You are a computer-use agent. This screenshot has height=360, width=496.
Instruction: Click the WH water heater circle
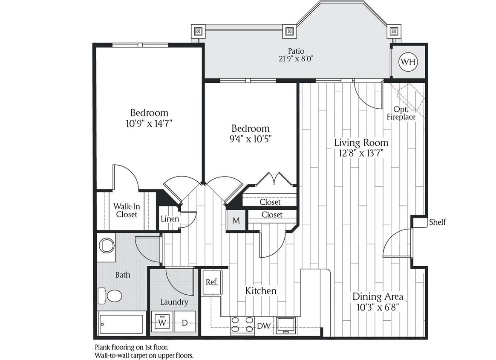click(x=408, y=62)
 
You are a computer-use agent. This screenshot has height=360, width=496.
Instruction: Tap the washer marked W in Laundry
click(x=162, y=322)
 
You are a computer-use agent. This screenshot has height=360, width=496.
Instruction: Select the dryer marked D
click(x=185, y=322)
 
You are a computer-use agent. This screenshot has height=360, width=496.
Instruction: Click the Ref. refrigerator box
click(x=212, y=282)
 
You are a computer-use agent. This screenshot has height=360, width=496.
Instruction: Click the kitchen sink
click(x=285, y=325)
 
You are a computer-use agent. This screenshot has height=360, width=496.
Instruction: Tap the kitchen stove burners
click(x=242, y=325)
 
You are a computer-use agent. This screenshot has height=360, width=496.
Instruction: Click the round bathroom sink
click(x=106, y=245)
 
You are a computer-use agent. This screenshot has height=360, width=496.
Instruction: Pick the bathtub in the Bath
click(x=121, y=325)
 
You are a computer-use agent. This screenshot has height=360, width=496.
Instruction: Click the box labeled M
click(x=236, y=221)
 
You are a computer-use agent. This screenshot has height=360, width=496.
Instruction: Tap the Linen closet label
click(x=170, y=219)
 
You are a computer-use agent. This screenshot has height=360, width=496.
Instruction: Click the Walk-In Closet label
click(x=126, y=210)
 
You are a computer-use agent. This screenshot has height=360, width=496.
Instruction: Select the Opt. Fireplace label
click(x=401, y=113)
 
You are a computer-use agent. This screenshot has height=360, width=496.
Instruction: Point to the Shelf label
click(x=437, y=222)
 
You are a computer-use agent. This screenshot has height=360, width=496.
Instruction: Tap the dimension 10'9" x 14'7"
click(x=149, y=124)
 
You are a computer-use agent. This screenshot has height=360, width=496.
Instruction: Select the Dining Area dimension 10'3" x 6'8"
click(x=378, y=307)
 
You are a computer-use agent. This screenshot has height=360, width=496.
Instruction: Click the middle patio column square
click(x=289, y=31)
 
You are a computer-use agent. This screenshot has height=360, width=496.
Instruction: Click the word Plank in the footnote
click(x=102, y=347)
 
